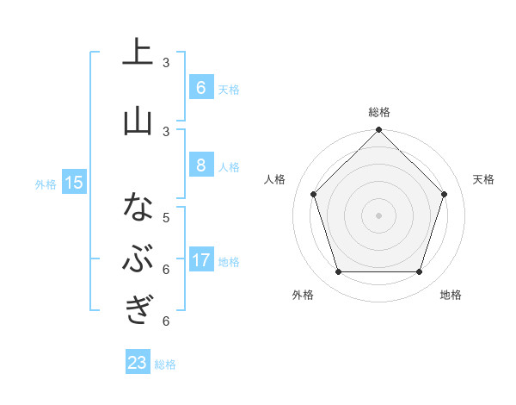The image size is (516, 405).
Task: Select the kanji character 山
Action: (x=137, y=120)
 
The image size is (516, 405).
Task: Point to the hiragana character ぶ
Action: (x=137, y=259)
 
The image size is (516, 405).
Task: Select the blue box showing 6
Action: (x=200, y=88)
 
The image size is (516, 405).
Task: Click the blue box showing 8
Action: (x=200, y=165)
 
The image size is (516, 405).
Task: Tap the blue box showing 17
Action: (x=200, y=260)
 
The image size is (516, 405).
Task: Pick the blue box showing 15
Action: (x=74, y=182)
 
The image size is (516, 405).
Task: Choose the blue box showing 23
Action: (x=138, y=363)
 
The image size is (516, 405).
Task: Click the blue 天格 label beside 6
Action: (x=229, y=89)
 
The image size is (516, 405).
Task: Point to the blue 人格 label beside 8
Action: (x=229, y=166)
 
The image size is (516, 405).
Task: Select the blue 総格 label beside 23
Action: (x=165, y=364)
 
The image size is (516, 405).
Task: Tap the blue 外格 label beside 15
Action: (x=46, y=183)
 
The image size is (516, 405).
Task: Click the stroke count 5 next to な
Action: (x=167, y=218)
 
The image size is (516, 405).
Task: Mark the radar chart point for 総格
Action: (x=378, y=130)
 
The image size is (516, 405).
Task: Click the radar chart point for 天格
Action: (x=445, y=194)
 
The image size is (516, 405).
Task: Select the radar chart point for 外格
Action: (x=338, y=272)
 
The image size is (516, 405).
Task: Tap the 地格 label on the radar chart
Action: (x=451, y=295)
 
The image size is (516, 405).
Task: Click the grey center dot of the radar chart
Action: (x=378, y=215)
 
